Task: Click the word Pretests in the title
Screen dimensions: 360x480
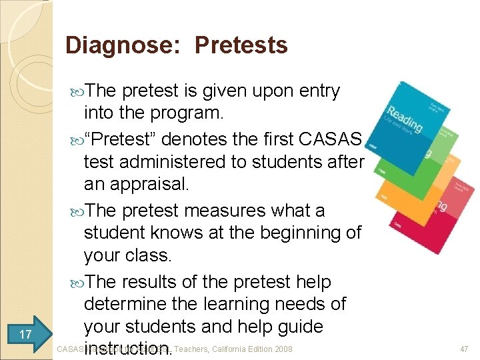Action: click(242, 45)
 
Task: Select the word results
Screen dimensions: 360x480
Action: click(157, 282)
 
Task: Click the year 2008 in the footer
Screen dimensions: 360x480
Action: click(281, 349)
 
